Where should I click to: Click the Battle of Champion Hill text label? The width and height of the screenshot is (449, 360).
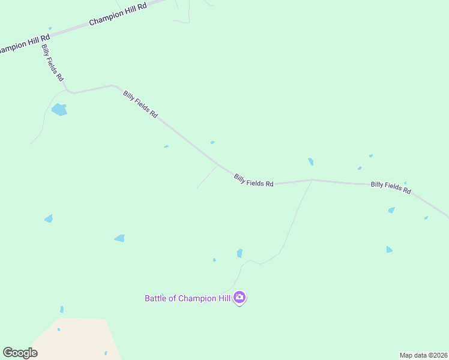(x=188, y=298)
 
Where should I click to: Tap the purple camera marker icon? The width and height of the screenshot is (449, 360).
(x=240, y=298)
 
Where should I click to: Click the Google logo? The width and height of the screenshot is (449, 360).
(x=20, y=353)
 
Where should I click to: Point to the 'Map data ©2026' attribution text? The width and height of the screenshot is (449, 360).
(x=424, y=355)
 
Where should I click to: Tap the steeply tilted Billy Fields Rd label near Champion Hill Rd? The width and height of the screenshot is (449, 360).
(x=53, y=63)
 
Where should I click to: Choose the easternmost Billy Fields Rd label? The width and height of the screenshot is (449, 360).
(x=391, y=187)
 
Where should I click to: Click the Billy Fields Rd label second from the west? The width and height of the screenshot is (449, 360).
(x=140, y=104)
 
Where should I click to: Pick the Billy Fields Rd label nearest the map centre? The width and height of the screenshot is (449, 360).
(x=253, y=180)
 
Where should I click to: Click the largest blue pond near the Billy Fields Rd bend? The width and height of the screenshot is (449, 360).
(x=59, y=110)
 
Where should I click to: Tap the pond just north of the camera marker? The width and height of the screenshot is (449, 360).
(x=240, y=253)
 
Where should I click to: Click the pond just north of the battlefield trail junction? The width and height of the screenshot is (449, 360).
(x=310, y=161)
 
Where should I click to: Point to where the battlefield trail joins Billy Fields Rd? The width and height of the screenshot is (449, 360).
(x=312, y=179)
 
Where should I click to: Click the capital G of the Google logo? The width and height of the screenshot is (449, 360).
(x=8, y=353)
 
